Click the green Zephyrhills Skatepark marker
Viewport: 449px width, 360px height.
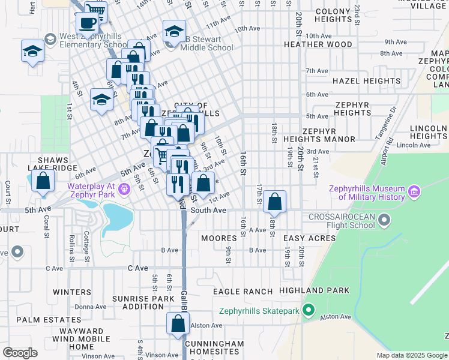[x=309, y=311]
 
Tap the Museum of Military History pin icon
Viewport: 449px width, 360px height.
[x=414, y=193]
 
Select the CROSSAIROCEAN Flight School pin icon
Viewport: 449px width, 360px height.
[x=385, y=221]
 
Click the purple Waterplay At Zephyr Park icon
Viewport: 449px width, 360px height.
[x=124, y=190]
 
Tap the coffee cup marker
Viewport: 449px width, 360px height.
[x=87, y=24]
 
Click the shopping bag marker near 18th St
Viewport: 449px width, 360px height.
[x=274, y=202]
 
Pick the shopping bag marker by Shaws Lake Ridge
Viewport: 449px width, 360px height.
[x=43, y=183]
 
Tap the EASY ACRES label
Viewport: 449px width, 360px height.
[x=309, y=239]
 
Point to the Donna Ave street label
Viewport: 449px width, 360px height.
[x=90, y=307]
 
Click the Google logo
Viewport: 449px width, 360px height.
[x=20, y=353]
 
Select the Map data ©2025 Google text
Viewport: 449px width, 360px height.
[x=411, y=355]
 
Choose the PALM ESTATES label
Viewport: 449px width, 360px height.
[x=41, y=320]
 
